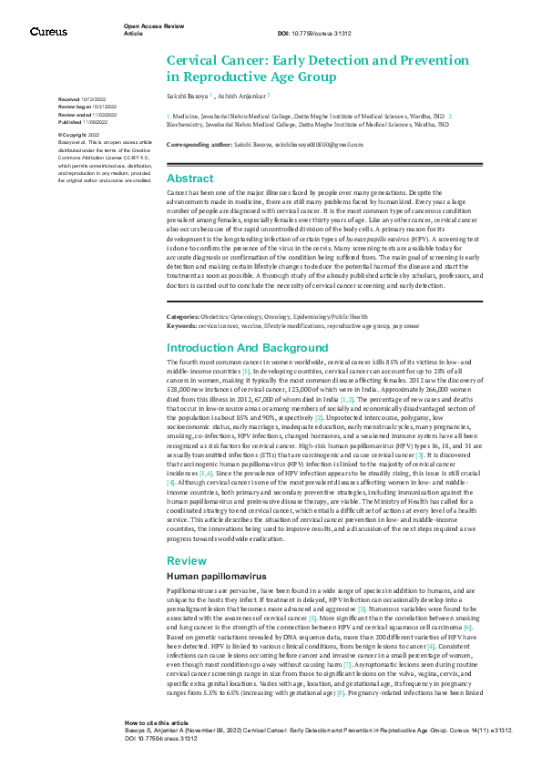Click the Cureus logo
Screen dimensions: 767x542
click(47, 32)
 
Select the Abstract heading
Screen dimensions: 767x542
click(190, 179)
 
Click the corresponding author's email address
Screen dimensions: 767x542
click(319, 145)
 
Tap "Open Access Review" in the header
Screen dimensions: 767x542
click(149, 26)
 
